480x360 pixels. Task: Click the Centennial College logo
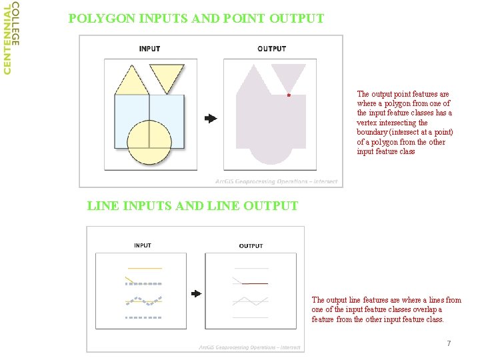[x=11, y=38]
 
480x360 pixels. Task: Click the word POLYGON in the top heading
[x=102, y=19]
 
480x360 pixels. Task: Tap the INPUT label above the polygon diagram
[x=149, y=49]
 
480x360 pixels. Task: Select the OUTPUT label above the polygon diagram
[x=271, y=49]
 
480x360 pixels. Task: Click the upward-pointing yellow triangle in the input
[x=132, y=82]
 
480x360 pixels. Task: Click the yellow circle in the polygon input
[x=149, y=143]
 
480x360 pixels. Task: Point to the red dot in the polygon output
[x=289, y=95]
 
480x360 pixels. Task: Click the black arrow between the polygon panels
[x=211, y=119]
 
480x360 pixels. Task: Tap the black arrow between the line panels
[x=196, y=294]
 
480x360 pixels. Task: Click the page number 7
[x=449, y=343]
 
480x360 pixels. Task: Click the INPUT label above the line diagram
[x=143, y=245]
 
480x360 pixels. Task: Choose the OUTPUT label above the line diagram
[x=251, y=246]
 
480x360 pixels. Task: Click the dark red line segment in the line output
[x=255, y=284]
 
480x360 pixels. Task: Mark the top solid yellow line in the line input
[x=145, y=269]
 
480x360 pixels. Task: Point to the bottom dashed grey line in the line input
[x=143, y=318]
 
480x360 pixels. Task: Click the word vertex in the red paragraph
[x=367, y=123]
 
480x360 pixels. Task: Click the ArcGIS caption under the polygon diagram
[x=277, y=181]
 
